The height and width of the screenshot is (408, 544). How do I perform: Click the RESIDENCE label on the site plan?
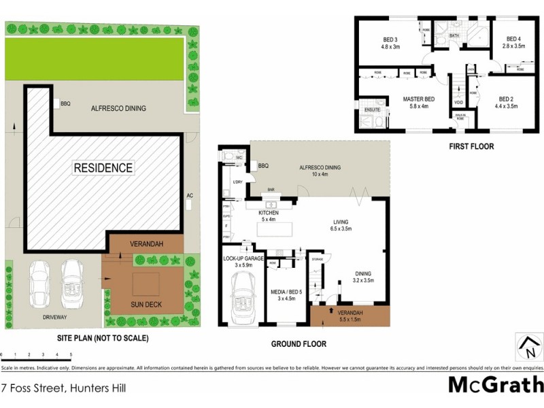click(x=103, y=167)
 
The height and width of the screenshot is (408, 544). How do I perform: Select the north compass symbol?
click(x=526, y=347)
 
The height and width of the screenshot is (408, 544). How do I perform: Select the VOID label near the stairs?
click(x=459, y=103)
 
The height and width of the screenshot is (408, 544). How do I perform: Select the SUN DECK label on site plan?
click(x=146, y=305)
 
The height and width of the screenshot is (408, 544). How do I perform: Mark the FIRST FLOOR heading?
click(x=471, y=146)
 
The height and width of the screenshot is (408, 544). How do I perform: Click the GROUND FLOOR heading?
click(x=299, y=344)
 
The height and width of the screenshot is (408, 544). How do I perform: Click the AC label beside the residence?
click(x=190, y=196)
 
